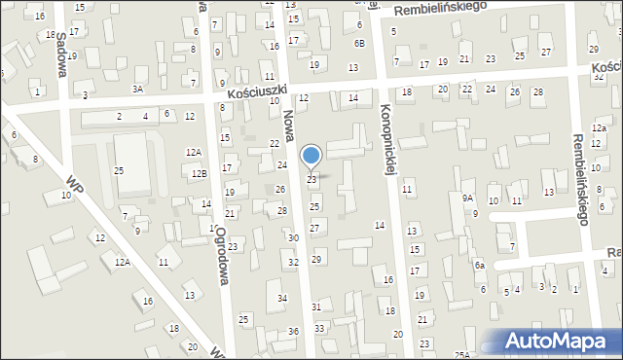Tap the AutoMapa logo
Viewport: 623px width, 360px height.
(x=558, y=342)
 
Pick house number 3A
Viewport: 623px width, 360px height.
(x=138, y=89)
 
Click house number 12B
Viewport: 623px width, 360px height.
(x=199, y=173)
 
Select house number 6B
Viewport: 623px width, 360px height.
(x=359, y=44)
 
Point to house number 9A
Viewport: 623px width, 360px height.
(x=468, y=198)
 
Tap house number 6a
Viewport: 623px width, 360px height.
(x=479, y=266)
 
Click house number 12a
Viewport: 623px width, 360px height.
(x=598, y=127)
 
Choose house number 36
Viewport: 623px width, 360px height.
(x=293, y=332)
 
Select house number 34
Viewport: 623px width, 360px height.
(x=282, y=298)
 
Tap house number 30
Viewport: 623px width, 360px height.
(x=293, y=238)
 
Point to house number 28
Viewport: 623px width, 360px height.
(x=282, y=211)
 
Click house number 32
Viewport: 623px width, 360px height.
(x=293, y=263)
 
